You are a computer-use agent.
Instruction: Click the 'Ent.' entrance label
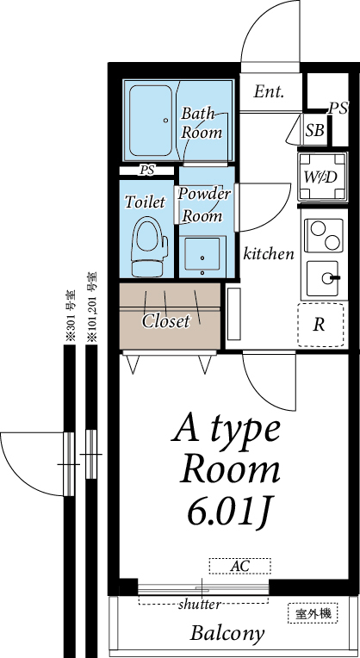tap(269, 92)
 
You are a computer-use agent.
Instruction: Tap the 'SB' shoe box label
tap(315, 130)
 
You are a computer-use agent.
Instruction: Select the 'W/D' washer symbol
tap(323, 177)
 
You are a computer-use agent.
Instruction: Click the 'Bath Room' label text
tap(201, 123)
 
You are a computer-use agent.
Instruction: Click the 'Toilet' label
tap(145, 202)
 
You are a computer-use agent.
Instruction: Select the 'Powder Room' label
tap(205, 204)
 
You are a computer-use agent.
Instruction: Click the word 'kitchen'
tap(269, 254)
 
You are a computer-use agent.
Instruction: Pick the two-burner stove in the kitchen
tap(324, 233)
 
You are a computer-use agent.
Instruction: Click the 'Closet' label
tap(165, 321)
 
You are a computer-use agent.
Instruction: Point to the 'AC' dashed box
tap(239, 566)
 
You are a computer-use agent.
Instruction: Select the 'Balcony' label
tap(227, 634)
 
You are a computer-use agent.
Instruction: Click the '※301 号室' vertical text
tap(71, 318)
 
